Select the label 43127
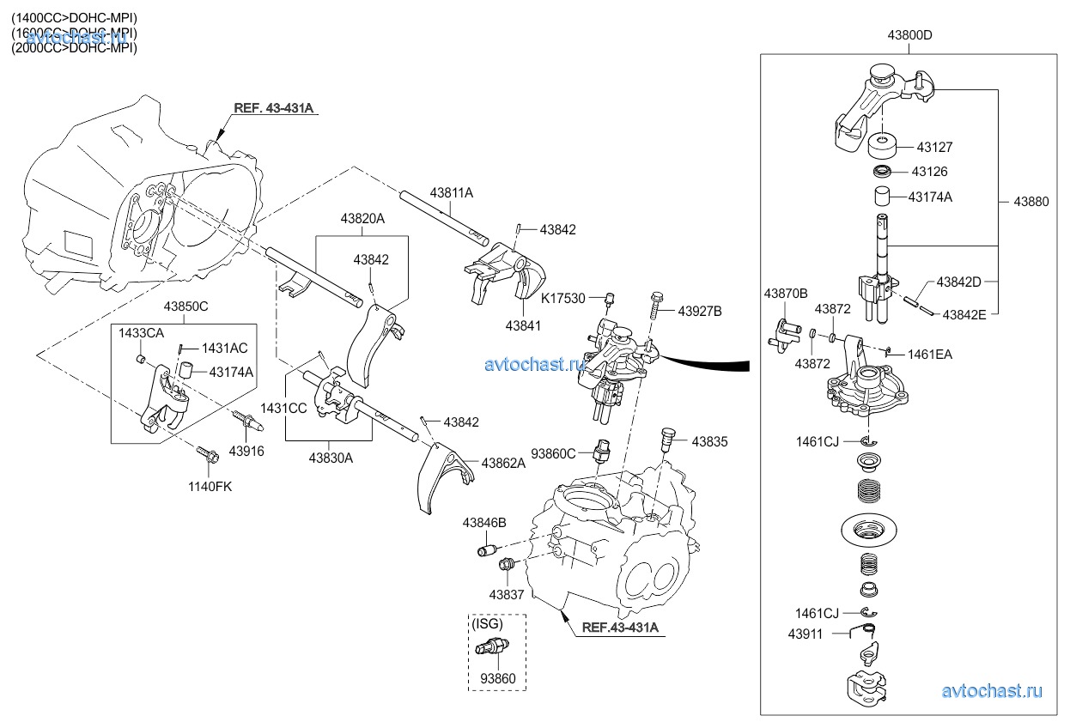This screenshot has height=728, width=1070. point(934,148)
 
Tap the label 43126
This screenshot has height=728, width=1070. point(930,172)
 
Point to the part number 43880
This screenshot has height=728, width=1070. point(1031,202)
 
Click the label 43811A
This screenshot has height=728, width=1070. point(452,194)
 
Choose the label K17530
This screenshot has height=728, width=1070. point(563,298)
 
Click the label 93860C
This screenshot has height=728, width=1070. point(554,452)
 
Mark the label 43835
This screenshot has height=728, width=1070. point(709,441)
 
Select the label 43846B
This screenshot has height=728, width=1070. point(484,522)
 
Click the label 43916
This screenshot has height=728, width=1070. point(246,451)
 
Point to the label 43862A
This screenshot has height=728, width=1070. point(503,463)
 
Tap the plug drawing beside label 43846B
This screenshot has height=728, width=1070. point(489,549)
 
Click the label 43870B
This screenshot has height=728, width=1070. point(786,294)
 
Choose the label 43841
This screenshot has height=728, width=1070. point(524,325)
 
